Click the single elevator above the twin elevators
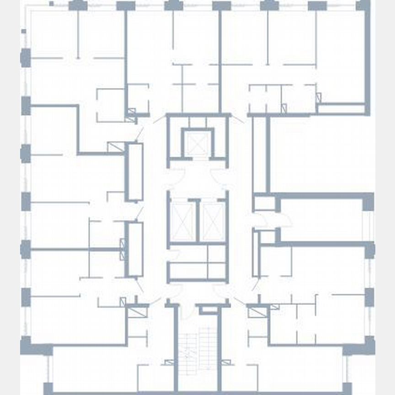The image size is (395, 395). tap(198, 145)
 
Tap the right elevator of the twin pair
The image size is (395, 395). tap(213, 222)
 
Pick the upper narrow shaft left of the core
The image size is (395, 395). tap(134, 172)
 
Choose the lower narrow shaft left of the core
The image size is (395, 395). tap(134, 249)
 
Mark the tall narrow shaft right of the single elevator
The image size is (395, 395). tap(260, 154)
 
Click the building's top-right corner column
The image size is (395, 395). tap(363, 5)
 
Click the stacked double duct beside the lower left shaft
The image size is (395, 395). tap(122, 249)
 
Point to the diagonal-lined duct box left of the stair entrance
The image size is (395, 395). tap(136, 312)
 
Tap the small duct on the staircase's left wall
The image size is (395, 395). tap(170, 363)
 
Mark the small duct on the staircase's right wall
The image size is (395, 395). tap(226, 363)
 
